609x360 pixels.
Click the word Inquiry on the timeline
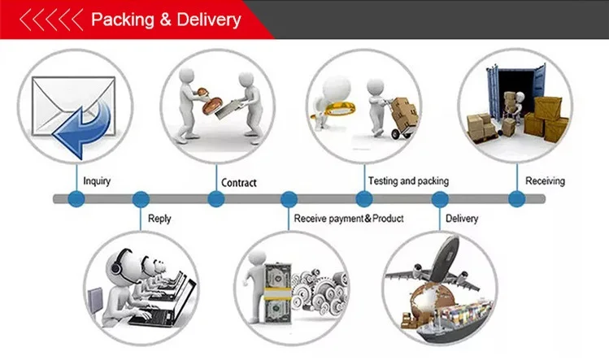[x=97, y=180]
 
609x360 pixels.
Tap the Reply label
[x=159, y=218]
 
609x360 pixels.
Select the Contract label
[x=238, y=182]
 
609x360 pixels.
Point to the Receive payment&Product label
[x=348, y=218]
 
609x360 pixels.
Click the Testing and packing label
[x=408, y=180]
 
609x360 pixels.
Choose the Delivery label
[x=462, y=218]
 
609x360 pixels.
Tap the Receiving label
[x=545, y=180]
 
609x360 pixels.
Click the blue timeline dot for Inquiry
[x=76, y=198]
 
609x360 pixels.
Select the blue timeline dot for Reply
[x=141, y=198]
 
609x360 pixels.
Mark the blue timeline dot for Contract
[x=215, y=198]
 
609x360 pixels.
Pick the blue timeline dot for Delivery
[x=440, y=198]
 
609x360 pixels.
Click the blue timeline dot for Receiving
[x=516, y=198]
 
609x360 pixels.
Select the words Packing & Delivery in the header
[x=166, y=19]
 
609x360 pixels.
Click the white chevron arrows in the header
[x=51, y=19]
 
